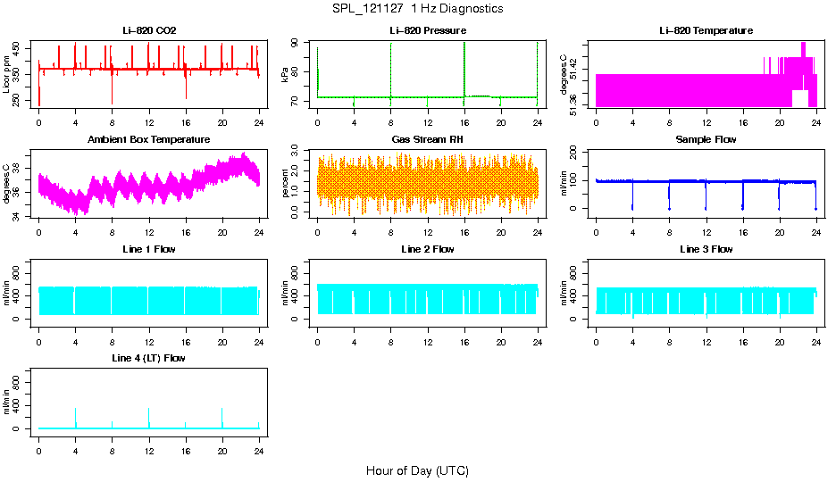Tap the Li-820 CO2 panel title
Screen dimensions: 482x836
click(x=149, y=31)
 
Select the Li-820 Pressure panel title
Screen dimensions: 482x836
click(x=428, y=31)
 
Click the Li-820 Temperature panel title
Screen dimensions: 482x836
click(x=706, y=31)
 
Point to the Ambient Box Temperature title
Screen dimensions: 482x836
click(x=149, y=140)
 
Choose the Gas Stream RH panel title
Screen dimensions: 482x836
click(x=428, y=140)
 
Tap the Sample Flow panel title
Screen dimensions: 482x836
click(x=706, y=140)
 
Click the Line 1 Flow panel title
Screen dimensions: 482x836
click(x=149, y=249)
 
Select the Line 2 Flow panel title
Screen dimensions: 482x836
click(x=428, y=249)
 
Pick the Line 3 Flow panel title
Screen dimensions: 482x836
click(x=706, y=249)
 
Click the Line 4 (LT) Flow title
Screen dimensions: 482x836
click(x=149, y=358)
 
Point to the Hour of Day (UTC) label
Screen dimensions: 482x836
click(x=417, y=470)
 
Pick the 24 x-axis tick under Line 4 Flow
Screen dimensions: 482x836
click(x=259, y=453)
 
